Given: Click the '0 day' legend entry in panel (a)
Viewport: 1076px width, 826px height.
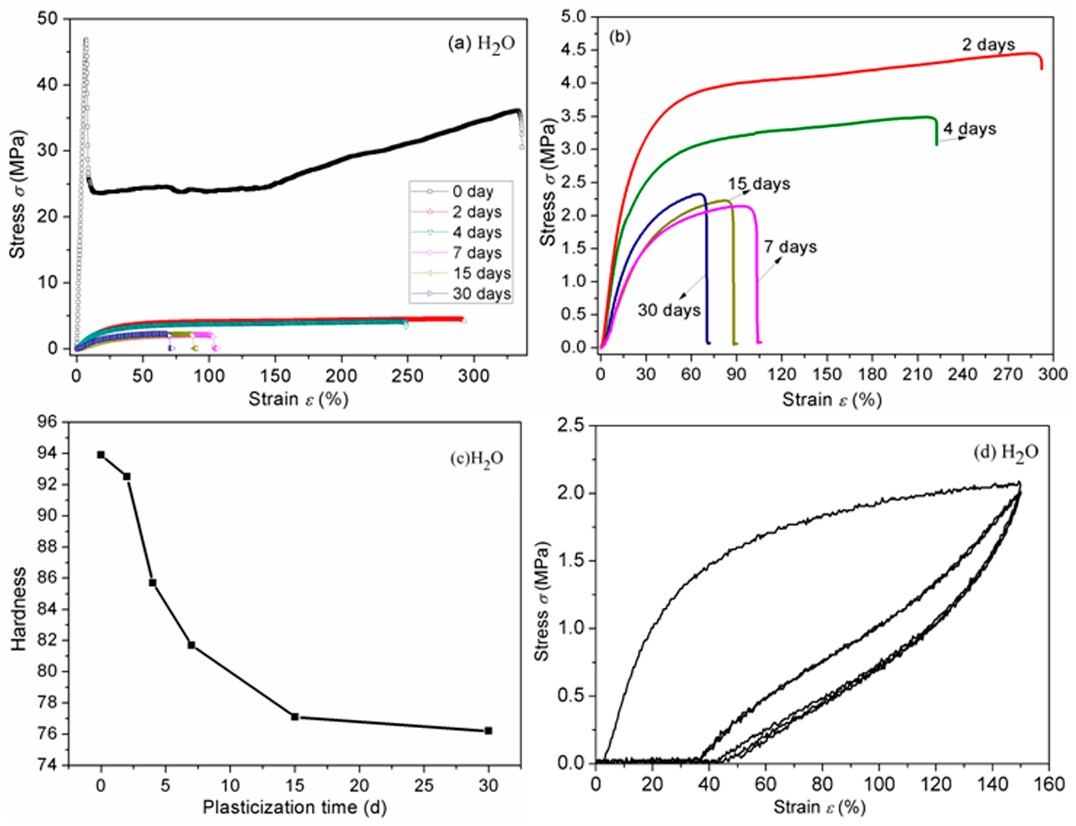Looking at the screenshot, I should point(472,191).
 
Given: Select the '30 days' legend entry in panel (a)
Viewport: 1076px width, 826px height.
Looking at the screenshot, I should point(481,294).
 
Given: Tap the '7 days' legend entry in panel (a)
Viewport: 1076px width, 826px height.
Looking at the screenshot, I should point(476,253).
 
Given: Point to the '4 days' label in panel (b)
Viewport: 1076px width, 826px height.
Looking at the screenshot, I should point(969,129).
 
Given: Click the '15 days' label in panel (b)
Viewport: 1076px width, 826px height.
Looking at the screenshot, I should point(759,184).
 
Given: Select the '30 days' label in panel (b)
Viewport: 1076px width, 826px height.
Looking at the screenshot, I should point(669,310).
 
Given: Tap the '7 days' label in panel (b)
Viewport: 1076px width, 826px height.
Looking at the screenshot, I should point(790,247).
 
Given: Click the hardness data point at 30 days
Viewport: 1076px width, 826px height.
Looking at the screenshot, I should point(488,731).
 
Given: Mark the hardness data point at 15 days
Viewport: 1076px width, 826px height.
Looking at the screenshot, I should point(294,717).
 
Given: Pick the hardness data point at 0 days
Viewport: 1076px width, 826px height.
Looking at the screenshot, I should point(101,455).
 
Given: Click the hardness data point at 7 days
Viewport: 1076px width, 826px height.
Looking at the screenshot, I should point(191,645).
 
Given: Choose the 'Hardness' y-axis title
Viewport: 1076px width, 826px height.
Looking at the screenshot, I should point(18,609).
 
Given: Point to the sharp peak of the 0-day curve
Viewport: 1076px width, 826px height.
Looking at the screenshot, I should point(86,39).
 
